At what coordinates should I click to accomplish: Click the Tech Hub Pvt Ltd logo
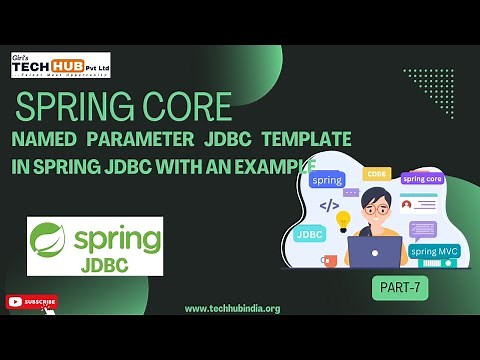[x=60, y=65]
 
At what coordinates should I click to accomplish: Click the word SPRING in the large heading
[x=75, y=105]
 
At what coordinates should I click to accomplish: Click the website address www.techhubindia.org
[x=232, y=308]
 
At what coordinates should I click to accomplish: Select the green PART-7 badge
[x=400, y=285]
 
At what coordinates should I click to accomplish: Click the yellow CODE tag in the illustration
[x=377, y=174]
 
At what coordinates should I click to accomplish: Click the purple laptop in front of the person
[x=371, y=250]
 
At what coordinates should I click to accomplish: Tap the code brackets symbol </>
[x=328, y=206]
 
